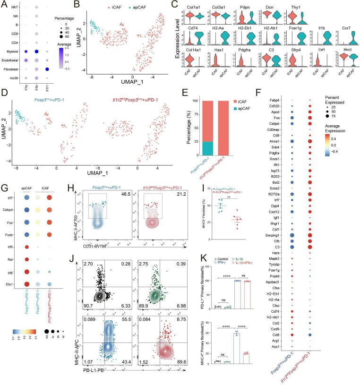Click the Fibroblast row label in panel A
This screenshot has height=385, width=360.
[10, 69]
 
